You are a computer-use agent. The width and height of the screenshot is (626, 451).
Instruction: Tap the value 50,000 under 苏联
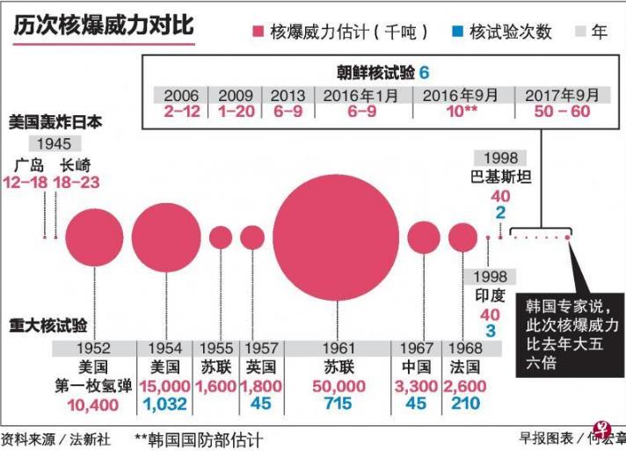338,385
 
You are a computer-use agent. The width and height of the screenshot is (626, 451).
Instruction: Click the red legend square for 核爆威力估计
258,33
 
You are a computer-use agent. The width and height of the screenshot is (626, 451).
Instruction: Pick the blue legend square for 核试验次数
456,33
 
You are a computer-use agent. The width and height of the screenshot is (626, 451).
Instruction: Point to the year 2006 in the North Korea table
180,96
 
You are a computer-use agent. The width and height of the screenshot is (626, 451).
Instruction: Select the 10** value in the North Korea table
462,113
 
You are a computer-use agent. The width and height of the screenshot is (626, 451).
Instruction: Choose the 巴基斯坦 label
500,175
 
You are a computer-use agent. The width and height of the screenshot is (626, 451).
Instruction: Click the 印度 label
490,295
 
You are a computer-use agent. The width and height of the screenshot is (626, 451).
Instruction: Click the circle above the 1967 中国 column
423,236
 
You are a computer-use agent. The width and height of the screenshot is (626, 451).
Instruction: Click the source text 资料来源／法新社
50,438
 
